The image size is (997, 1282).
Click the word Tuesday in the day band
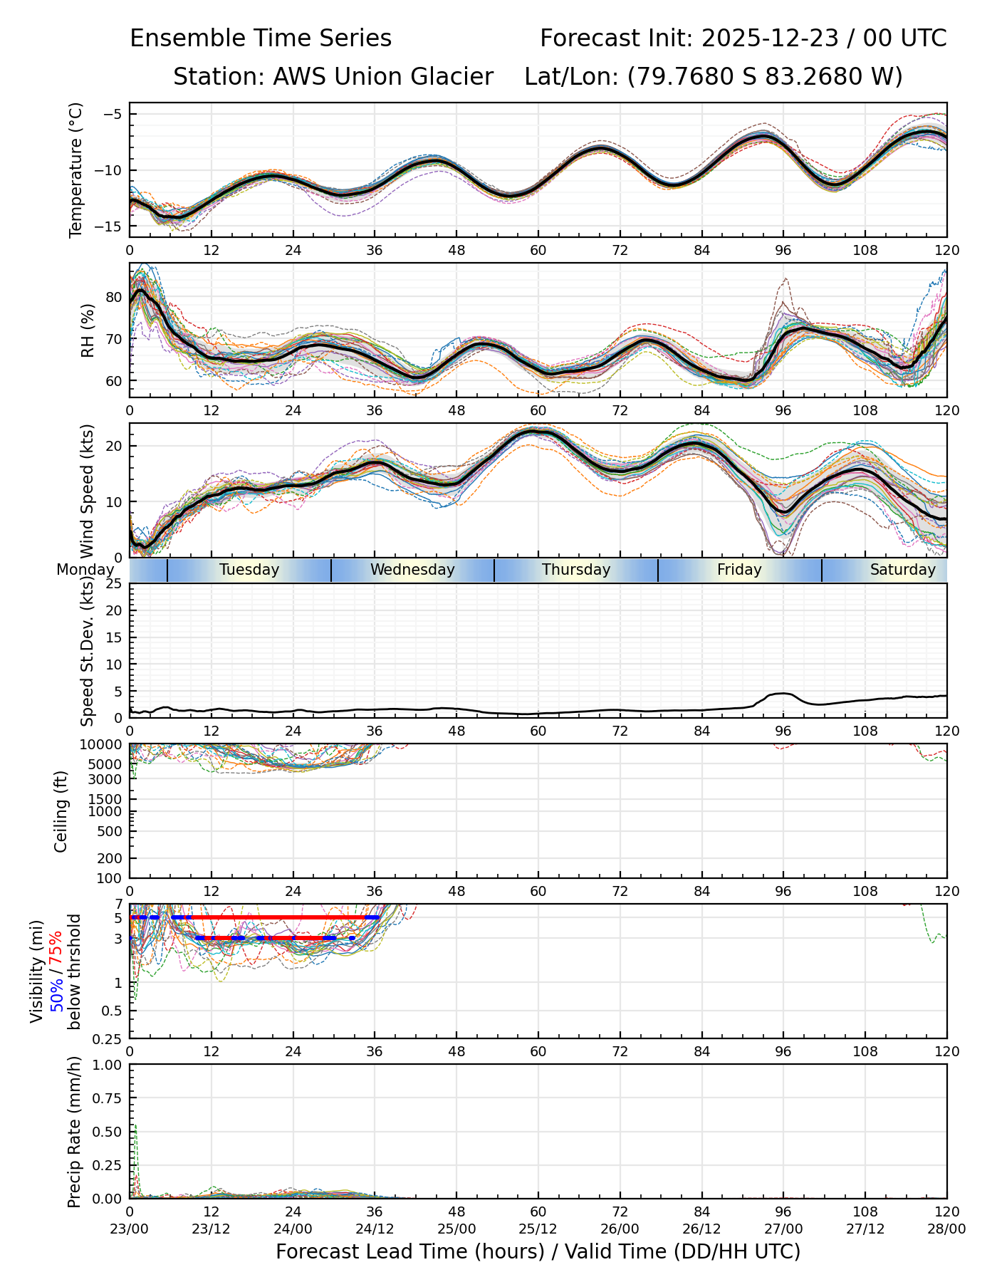click(249, 570)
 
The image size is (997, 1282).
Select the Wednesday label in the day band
click(412, 570)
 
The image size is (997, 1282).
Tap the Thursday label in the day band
click(576, 570)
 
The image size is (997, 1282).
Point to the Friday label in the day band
click(739, 570)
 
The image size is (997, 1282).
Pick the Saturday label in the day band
click(902, 570)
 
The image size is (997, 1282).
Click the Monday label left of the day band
click(85, 570)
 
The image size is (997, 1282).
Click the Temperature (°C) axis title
click(75, 170)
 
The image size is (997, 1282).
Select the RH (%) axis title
click(88, 330)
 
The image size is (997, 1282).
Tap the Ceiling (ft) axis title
click(61, 811)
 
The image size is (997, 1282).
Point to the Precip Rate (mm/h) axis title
click(74, 1132)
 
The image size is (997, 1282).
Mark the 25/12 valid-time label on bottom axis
click(538, 1229)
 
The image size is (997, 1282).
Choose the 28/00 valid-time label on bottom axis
click(946, 1229)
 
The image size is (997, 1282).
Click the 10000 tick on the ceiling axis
click(103, 745)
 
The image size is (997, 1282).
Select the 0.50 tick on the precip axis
click(107, 1132)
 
